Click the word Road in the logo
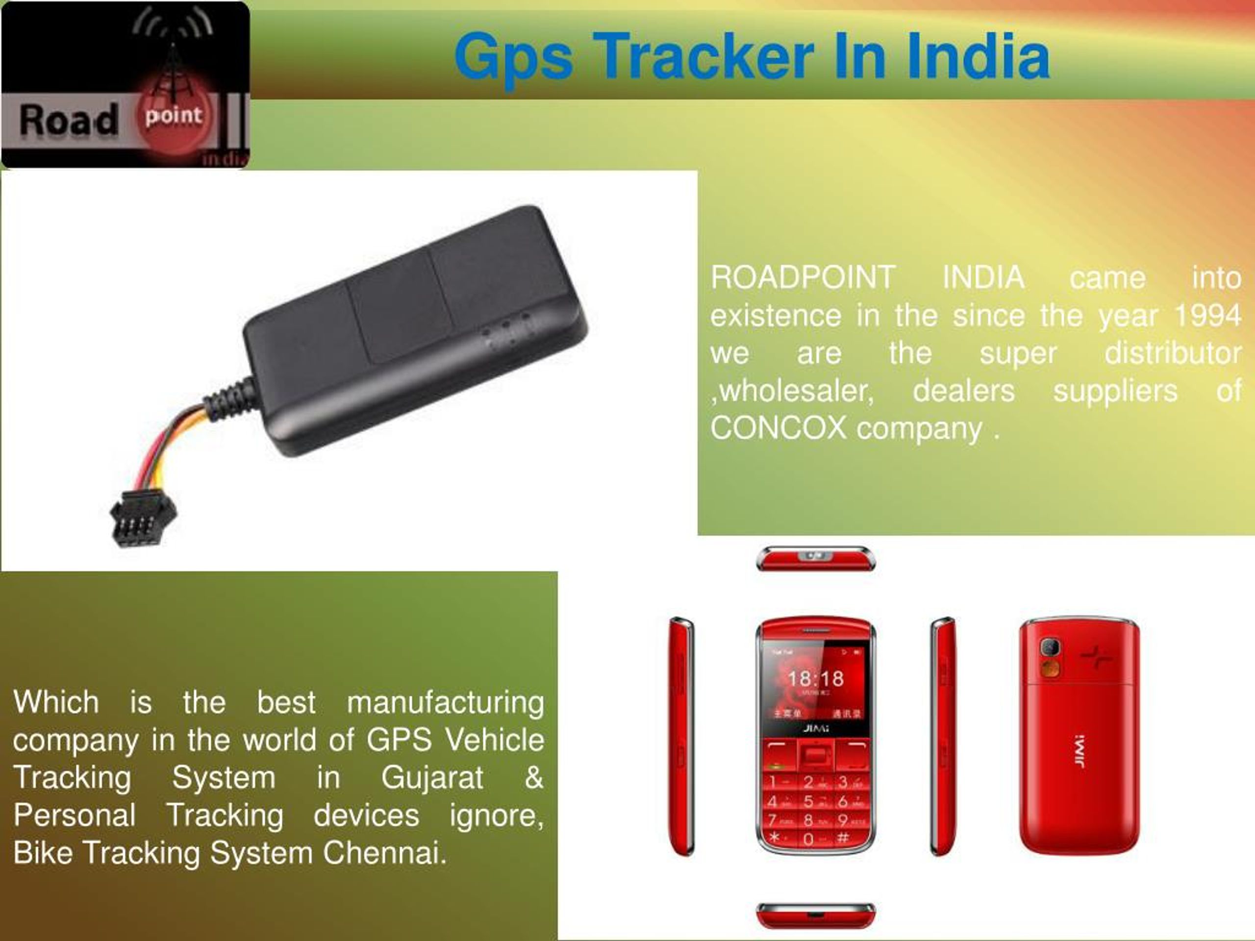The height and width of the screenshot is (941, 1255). point(69,120)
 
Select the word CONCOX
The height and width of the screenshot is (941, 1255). point(778,428)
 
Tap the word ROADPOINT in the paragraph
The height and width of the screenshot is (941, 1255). point(803,278)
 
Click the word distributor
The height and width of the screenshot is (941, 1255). point(1172,353)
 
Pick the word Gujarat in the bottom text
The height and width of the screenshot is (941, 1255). point(432,777)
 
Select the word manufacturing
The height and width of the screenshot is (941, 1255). point(445,702)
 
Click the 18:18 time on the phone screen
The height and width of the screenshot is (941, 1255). point(815,678)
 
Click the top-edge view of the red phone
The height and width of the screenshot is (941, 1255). point(815,558)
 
